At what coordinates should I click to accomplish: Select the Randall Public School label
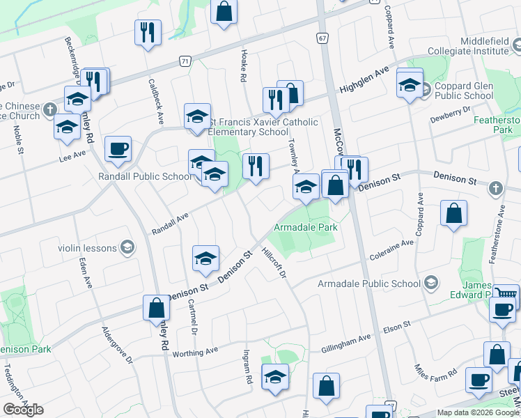click(x=144, y=176)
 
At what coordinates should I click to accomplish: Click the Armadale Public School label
click(x=369, y=284)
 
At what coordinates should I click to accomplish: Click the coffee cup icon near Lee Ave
click(x=118, y=148)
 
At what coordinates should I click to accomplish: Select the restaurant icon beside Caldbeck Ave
click(x=148, y=33)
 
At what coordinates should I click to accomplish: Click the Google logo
click(x=23, y=410)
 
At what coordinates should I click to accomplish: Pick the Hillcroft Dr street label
click(x=275, y=262)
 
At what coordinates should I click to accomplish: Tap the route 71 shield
click(x=184, y=61)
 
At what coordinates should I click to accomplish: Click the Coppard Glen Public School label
click(x=464, y=96)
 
